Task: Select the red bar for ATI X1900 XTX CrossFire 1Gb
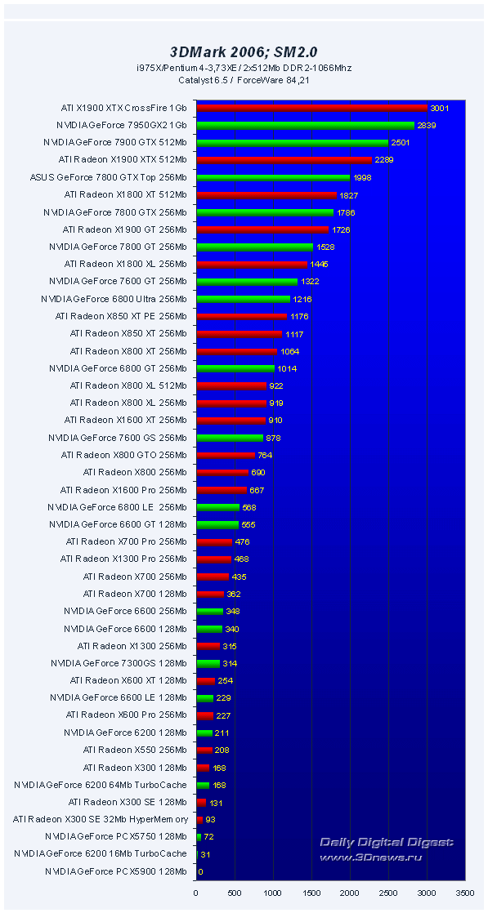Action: [x=312, y=108]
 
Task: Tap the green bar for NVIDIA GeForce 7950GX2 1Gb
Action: [x=306, y=125]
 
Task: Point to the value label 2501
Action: [x=401, y=143]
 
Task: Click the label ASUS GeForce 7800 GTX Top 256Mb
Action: [x=108, y=177]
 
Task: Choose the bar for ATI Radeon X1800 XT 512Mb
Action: [x=266, y=194]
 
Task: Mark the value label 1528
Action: [x=326, y=247]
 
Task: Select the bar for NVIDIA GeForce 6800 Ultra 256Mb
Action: [x=244, y=299]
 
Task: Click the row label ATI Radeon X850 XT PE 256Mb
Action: [x=120, y=316]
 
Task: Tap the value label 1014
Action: [x=287, y=368]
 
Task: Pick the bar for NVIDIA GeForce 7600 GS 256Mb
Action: [x=230, y=438]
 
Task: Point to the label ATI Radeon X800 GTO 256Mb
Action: [x=123, y=455]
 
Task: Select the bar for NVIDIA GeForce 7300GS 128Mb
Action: [x=208, y=663]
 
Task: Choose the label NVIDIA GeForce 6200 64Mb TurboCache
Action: [x=100, y=785]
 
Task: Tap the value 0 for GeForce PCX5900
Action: [x=201, y=871]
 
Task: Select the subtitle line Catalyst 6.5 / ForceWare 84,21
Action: [x=243, y=79]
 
